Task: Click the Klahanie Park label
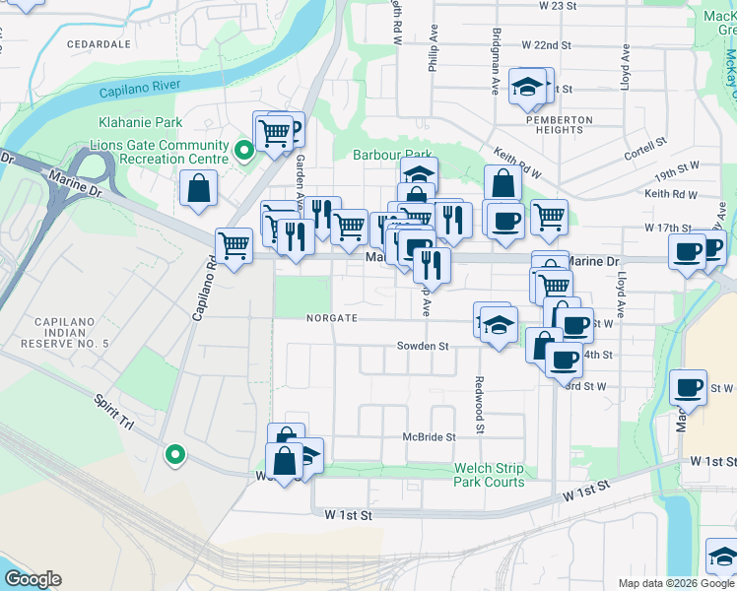(x=141, y=122)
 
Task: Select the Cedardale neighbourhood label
(x=99, y=44)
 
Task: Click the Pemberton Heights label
(x=559, y=125)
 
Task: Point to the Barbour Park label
(x=393, y=155)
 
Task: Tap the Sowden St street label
(x=423, y=347)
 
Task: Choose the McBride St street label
(x=429, y=436)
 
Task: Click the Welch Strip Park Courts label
(x=489, y=475)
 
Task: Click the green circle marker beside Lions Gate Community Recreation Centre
(x=243, y=151)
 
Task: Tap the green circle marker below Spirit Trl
(x=174, y=454)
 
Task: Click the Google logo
(x=33, y=579)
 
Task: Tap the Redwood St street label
(x=480, y=405)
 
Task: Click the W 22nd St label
(x=546, y=45)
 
